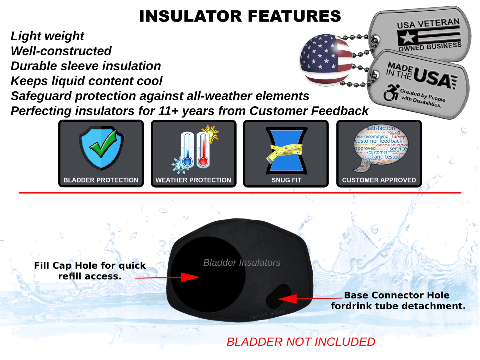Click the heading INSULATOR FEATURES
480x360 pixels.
240,16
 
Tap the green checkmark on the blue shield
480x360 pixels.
103,144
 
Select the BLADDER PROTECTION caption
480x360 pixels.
101,180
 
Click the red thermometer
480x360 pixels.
203,151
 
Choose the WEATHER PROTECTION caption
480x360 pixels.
193,180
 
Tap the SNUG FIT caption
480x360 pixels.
286,180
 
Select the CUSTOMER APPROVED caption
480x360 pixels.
379,180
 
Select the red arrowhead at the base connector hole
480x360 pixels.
288,299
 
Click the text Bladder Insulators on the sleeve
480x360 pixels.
242,263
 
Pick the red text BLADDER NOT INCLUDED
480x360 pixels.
301,342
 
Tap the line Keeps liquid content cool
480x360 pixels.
86,81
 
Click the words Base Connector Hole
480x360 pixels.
397,295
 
